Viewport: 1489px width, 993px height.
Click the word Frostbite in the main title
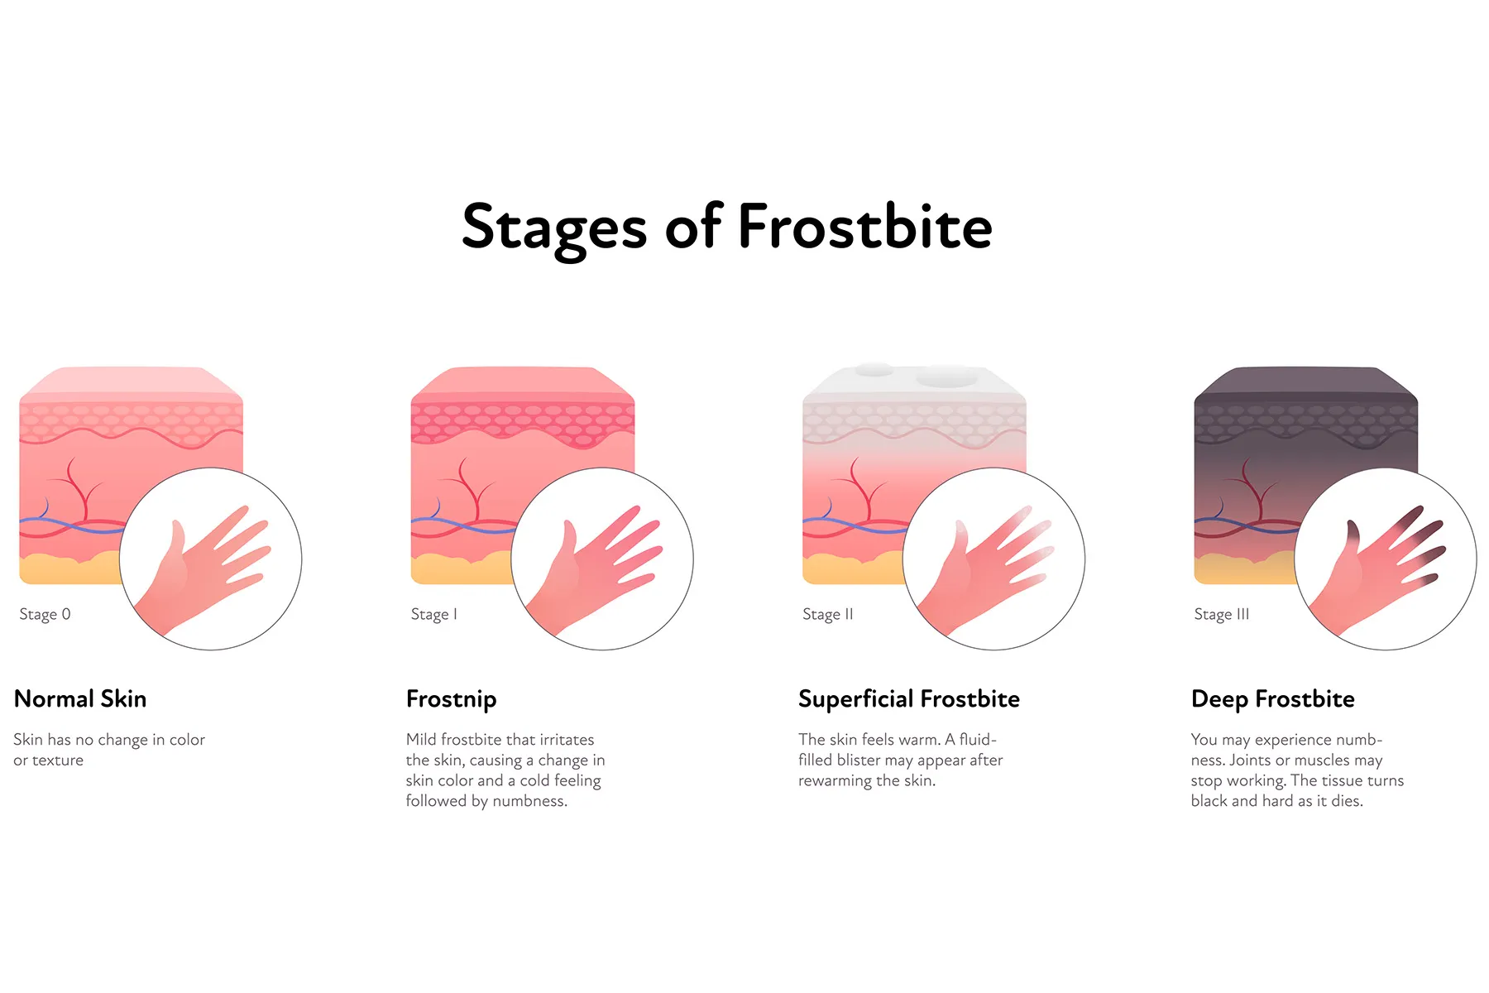[x=864, y=226]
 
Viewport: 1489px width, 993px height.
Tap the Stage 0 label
[x=45, y=614]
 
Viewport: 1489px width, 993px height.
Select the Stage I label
[x=433, y=614]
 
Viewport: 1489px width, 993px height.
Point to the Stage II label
[x=827, y=614]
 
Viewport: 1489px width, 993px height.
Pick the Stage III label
[x=1221, y=614]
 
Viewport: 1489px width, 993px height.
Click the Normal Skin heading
[x=80, y=698]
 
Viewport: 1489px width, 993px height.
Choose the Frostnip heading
[x=451, y=699]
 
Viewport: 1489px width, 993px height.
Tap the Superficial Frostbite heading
[x=909, y=699]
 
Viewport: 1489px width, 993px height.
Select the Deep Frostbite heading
[x=1273, y=699]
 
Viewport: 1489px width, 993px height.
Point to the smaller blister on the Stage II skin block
[x=874, y=369]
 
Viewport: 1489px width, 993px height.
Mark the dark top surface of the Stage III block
[x=1305, y=381]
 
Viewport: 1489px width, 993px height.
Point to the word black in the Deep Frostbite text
[x=1209, y=801]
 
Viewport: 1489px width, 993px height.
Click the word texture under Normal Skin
[x=58, y=760]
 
